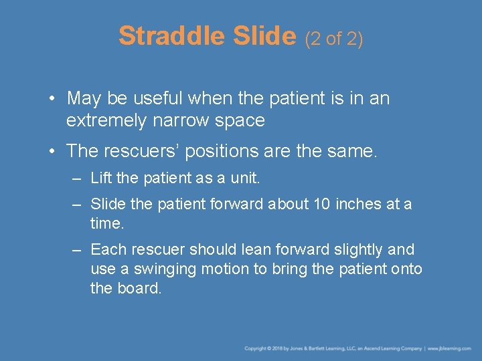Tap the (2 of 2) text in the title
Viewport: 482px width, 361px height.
click(x=334, y=39)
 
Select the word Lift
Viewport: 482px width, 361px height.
click(x=101, y=178)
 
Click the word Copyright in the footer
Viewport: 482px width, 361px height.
click(x=256, y=349)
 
